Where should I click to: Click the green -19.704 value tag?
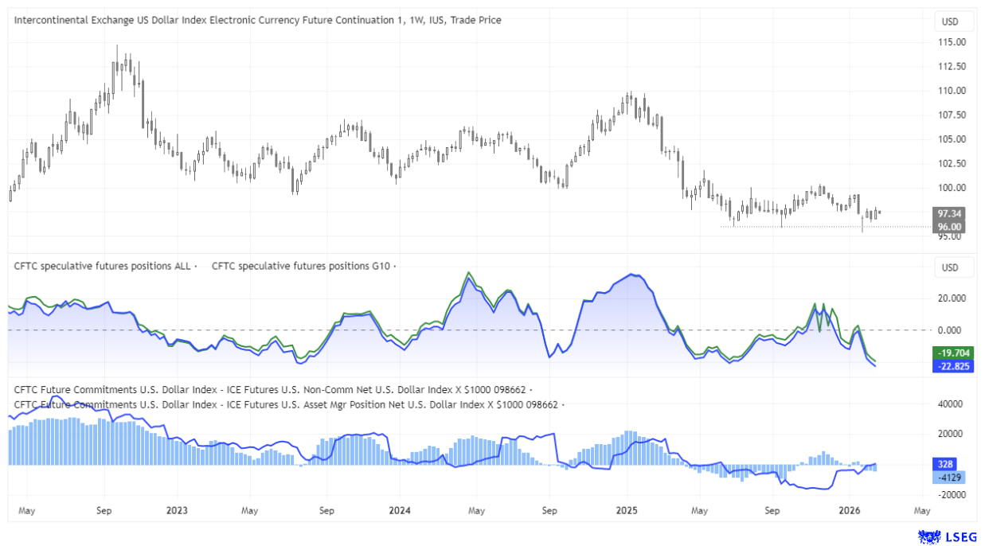coord(951,353)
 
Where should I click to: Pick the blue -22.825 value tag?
coord(951,366)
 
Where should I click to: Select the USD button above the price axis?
coord(950,21)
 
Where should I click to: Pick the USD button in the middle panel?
coord(950,267)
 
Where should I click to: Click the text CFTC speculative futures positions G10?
coord(300,266)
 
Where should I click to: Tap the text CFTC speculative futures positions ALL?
coord(102,266)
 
